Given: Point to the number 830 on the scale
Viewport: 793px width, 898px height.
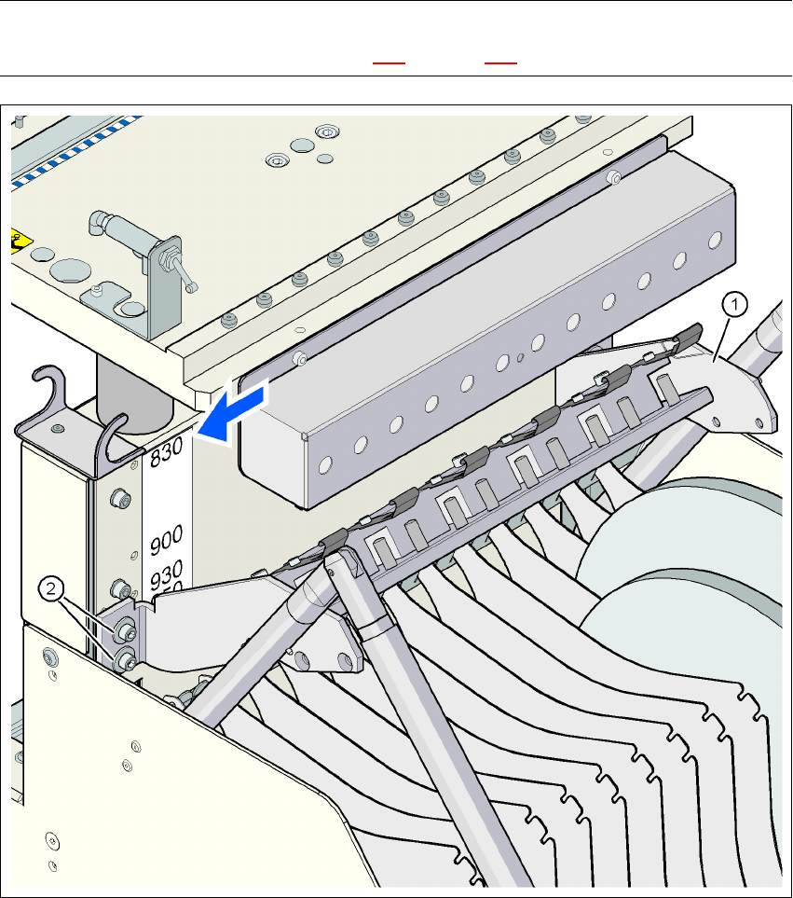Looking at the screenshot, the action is [169, 452].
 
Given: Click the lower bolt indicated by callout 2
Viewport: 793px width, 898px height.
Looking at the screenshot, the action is [127, 662].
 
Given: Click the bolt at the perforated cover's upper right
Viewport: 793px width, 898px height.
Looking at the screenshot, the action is [613, 177].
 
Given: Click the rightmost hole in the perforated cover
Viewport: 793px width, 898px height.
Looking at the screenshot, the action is [713, 240].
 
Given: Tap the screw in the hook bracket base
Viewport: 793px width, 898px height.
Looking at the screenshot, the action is [60, 428].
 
